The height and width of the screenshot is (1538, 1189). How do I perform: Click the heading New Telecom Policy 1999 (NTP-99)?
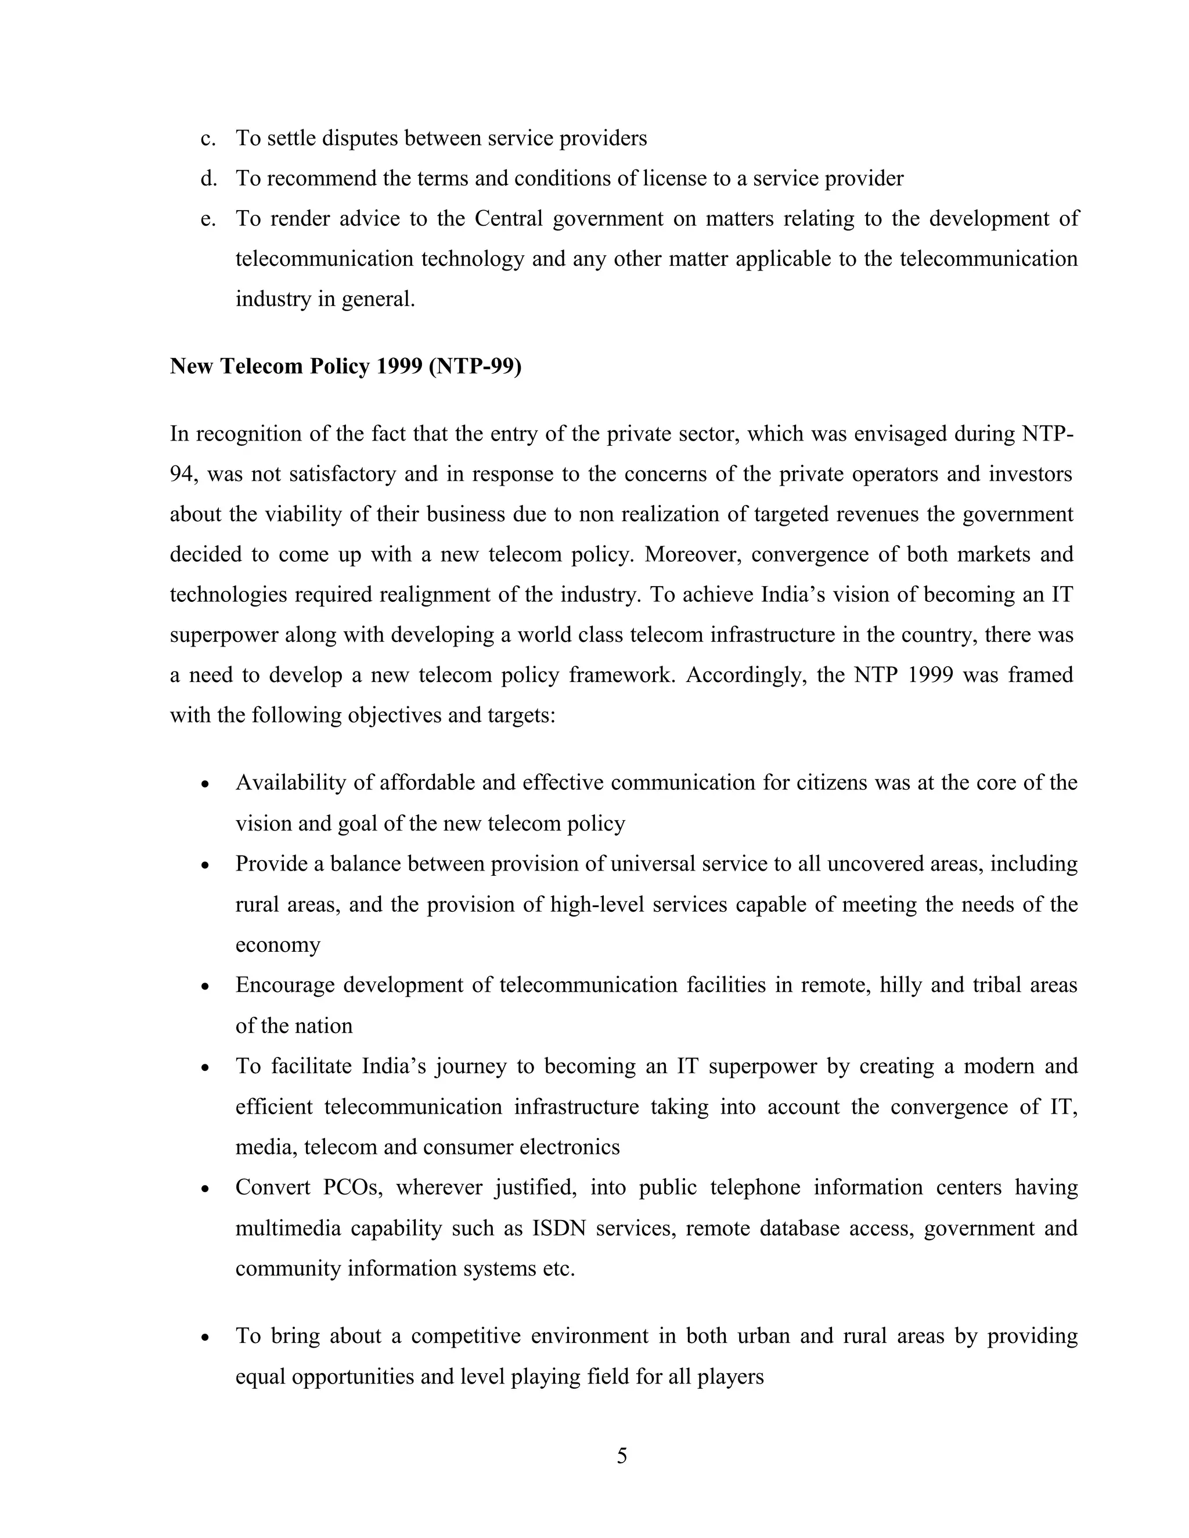click(x=345, y=366)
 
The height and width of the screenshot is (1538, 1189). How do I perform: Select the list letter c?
click(x=207, y=138)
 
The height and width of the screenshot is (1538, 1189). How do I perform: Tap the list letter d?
click(x=207, y=178)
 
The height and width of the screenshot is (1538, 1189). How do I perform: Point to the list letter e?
click(x=207, y=219)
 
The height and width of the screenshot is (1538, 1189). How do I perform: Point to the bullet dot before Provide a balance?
click(x=205, y=865)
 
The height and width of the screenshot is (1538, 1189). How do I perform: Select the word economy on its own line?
click(x=278, y=945)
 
